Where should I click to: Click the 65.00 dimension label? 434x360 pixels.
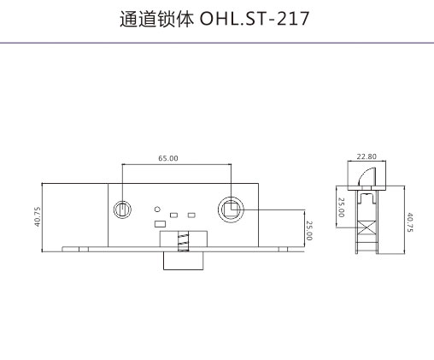point(168,158)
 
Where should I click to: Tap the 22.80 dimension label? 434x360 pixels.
point(367,156)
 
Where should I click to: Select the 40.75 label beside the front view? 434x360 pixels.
point(38,216)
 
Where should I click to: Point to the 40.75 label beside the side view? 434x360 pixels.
point(409,222)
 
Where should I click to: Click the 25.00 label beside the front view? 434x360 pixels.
point(309,231)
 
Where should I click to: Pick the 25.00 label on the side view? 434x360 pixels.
point(341,208)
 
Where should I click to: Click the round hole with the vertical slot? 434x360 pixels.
point(122,210)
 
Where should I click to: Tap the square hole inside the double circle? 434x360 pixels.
point(231,210)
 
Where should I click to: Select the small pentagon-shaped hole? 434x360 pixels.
point(157,210)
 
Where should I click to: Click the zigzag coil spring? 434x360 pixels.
point(183,241)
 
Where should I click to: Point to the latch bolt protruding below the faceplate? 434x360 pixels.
point(184,261)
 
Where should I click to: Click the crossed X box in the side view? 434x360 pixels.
point(367,227)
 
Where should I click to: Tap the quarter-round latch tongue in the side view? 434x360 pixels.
point(367,177)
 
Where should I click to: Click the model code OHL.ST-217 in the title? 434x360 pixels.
point(255,19)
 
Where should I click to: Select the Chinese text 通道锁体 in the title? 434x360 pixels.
point(156,19)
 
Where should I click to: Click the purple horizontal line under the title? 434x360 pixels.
point(217,43)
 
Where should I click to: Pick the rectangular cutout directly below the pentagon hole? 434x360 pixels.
point(160,224)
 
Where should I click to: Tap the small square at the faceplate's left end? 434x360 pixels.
point(84,250)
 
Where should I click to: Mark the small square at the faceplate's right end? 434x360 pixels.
point(283,250)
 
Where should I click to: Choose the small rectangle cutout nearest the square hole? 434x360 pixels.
point(191,215)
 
